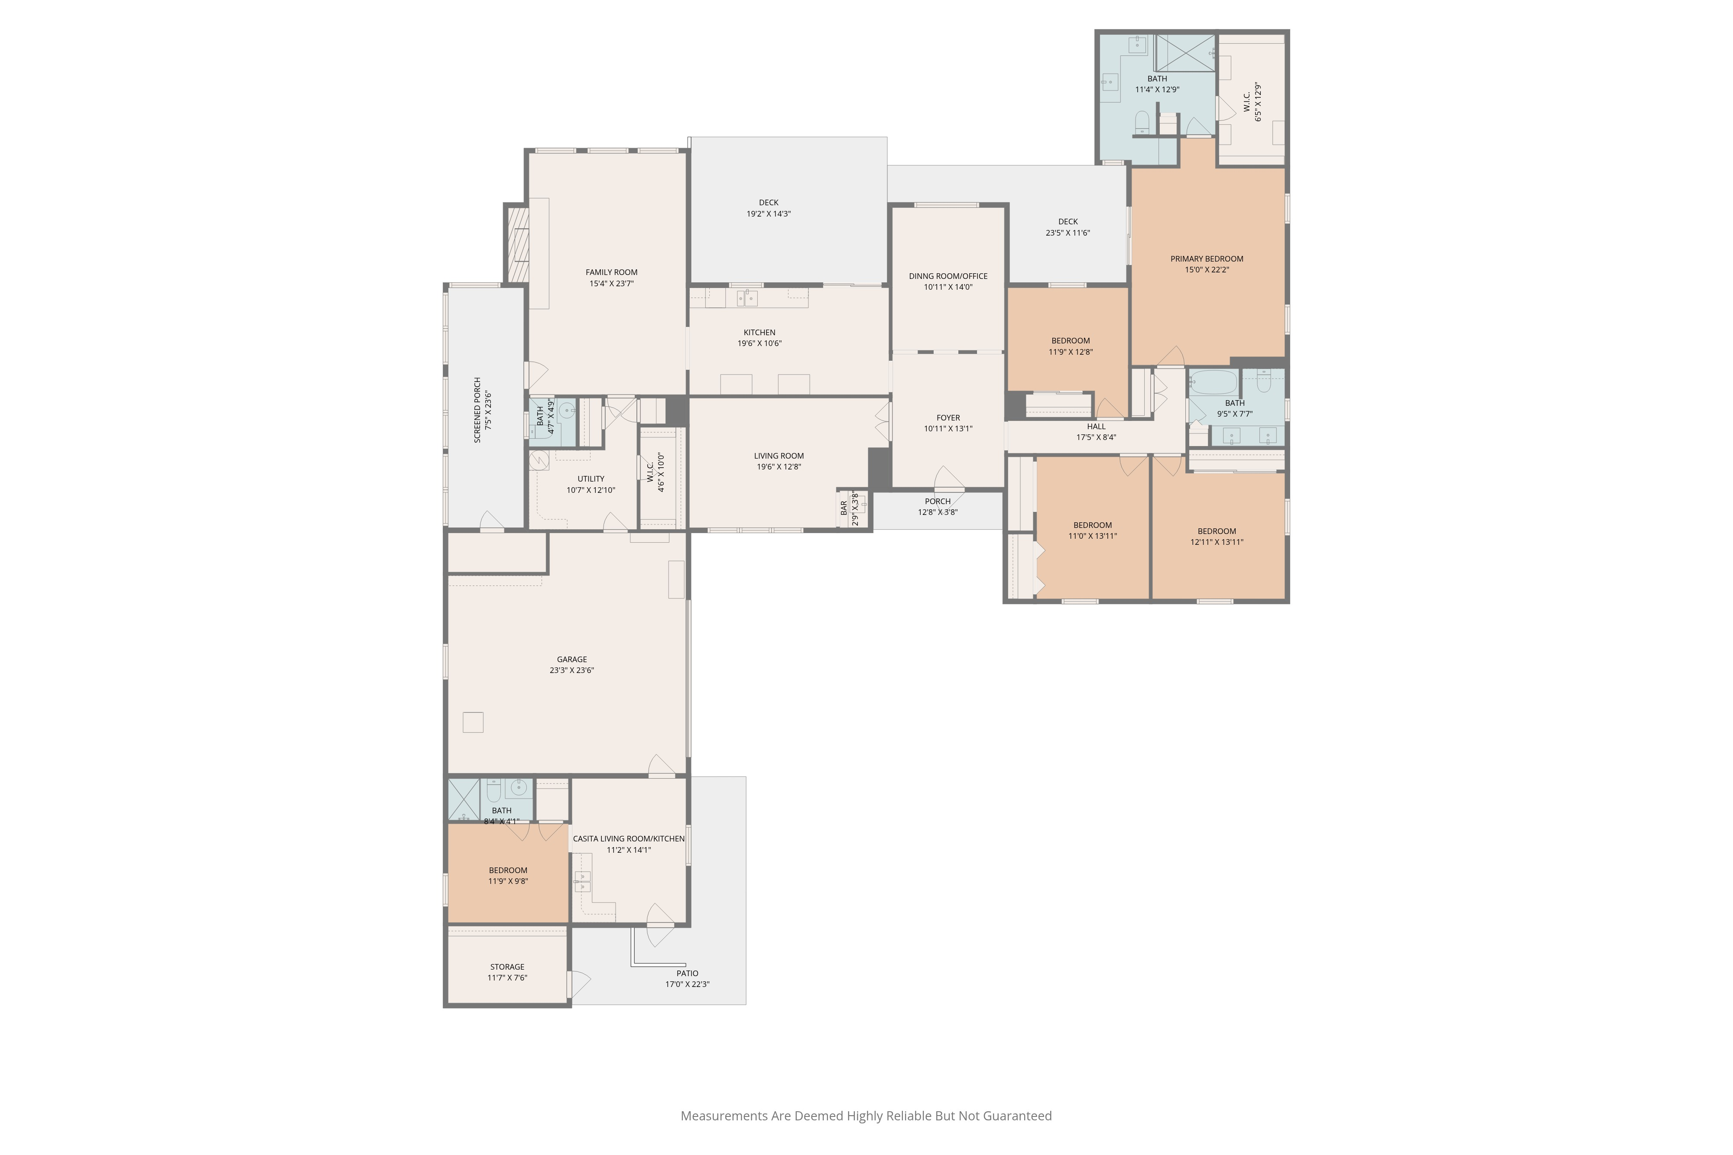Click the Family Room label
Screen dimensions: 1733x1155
(x=612, y=272)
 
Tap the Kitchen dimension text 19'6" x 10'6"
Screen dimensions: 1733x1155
(x=759, y=343)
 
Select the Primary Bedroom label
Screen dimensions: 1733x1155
(x=1207, y=259)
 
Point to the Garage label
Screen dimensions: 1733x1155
(x=572, y=659)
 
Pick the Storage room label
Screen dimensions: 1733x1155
(x=508, y=967)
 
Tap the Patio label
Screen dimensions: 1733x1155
(x=688, y=973)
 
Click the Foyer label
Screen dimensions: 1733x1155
(x=948, y=417)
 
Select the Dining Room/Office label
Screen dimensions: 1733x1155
(x=948, y=276)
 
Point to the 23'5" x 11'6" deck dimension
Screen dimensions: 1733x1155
(x=1068, y=233)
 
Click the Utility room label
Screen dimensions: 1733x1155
(x=591, y=479)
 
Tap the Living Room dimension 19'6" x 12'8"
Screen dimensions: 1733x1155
(x=779, y=467)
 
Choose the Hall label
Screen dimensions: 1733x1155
(x=1097, y=427)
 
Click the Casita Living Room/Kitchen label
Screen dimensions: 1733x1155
(x=629, y=838)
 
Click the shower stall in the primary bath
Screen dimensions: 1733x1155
(x=1185, y=52)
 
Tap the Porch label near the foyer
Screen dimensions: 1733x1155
(x=938, y=501)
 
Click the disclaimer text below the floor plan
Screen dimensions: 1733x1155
(x=866, y=1115)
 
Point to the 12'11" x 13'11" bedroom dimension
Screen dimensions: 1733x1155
(x=1217, y=542)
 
